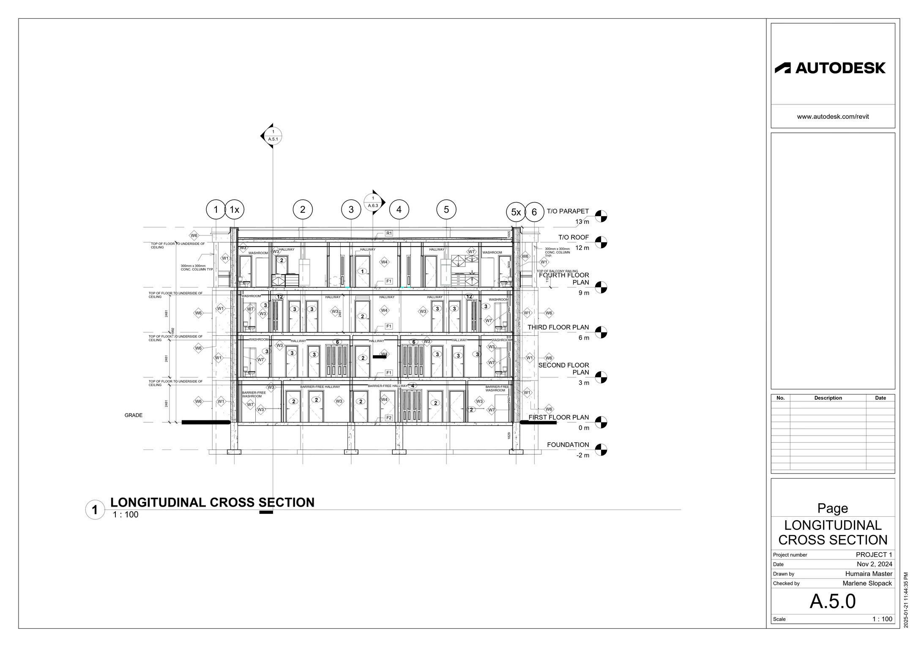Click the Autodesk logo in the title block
coord(829,68)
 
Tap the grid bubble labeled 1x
coord(235,210)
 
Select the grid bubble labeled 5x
coord(516,212)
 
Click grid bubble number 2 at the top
coord(303,209)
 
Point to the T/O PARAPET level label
coord(568,211)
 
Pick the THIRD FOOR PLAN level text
coord(558,327)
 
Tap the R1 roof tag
coord(389,233)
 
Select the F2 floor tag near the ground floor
coord(389,418)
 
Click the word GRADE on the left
coord(134,415)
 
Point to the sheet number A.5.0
coord(832,601)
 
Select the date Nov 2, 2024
coord(875,564)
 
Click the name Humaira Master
coord(869,574)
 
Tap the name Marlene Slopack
coord(867,583)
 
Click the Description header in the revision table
coord(828,398)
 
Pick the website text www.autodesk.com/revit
coord(833,116)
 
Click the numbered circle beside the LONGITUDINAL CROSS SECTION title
coord(95,510)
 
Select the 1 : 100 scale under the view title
coord(126,515)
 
